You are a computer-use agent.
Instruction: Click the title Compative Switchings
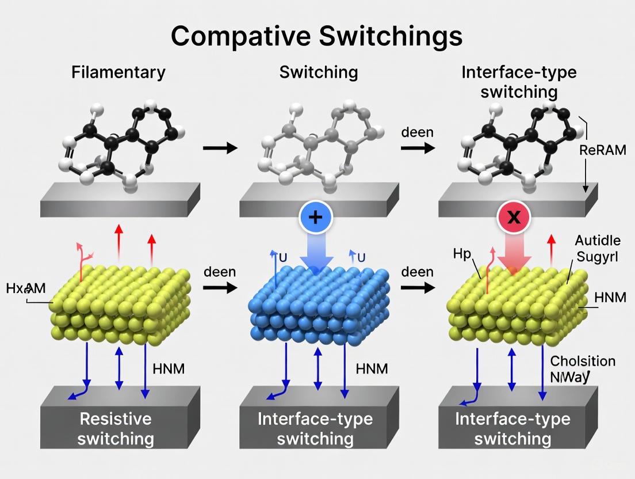(x=317, y=36)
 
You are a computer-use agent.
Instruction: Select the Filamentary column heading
(x=118, y=73)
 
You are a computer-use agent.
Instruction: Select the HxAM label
(x=26, y=288)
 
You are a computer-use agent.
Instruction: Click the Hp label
(x=461, y=253)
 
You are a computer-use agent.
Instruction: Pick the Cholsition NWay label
(x=582, y=369)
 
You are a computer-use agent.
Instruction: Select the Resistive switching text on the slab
(x=116, y=428)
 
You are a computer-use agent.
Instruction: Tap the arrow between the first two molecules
(x=220, y=148)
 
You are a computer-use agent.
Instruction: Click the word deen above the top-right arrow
(x=417, y=132)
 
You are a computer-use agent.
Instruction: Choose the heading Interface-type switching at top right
(x=519, y=82)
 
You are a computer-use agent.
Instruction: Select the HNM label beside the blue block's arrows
(x=372, y=368)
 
